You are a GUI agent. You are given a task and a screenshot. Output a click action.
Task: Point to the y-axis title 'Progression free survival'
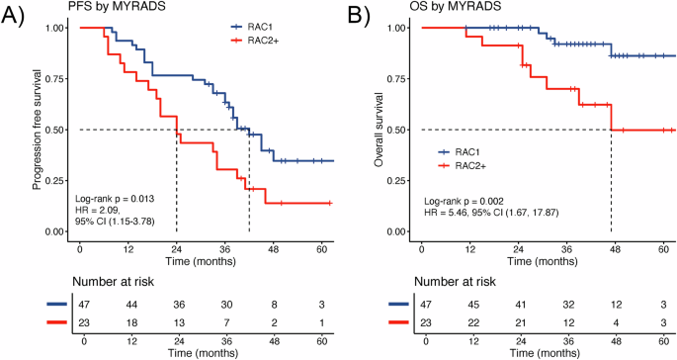pyautogui.click(x=37, y=129)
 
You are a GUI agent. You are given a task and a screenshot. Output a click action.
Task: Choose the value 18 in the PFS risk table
pyautogui.click(x=131, y=323)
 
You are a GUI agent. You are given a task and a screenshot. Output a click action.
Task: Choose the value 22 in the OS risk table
pyautogui.click(x=470, y=323)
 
